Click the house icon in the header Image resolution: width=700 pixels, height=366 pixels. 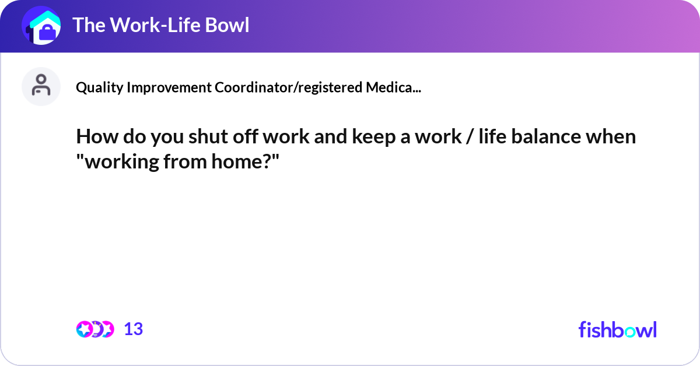click(41, 26)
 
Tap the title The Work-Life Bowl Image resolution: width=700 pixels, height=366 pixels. click(160, 25)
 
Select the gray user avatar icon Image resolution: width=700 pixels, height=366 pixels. click(41, 86)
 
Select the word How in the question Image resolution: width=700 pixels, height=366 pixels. click(93, 137)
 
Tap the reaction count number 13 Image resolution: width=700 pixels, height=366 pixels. click(134, 329)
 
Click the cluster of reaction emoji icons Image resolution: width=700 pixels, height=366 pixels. click(95, 329)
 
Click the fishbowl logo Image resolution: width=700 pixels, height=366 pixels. click(617, 329)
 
